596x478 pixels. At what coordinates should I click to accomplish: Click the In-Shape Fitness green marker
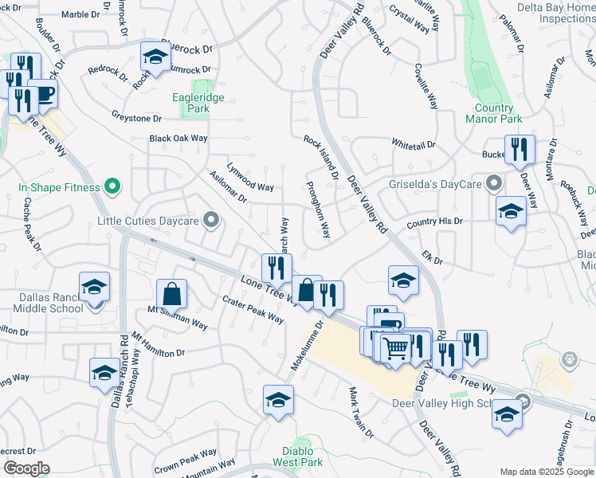coord(112,188)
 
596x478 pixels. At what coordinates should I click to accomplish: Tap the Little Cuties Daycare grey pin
coord(211,220)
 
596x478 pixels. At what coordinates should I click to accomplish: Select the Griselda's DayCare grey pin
coord(495,183)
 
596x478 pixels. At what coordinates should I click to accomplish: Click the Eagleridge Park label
coord(198,103)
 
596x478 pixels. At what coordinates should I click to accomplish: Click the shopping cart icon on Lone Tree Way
coord(395,348)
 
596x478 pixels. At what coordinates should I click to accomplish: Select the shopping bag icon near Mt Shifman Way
coord(171,294)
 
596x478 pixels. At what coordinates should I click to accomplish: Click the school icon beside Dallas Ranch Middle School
coord(94,287)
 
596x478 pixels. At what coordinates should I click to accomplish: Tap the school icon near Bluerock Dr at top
coord(156,57)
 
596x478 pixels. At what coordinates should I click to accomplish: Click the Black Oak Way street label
coord(178,139)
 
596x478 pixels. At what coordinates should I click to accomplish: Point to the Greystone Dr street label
coord(136,118)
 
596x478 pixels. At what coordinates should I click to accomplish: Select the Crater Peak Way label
coord(253,309)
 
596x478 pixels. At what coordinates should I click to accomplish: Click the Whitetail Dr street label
coord(414,144)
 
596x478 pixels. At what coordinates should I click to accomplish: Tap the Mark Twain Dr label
coord(360,412)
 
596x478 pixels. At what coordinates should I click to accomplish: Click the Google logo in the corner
coord(26,468)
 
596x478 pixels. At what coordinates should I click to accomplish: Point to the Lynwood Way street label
coord(250,178)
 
